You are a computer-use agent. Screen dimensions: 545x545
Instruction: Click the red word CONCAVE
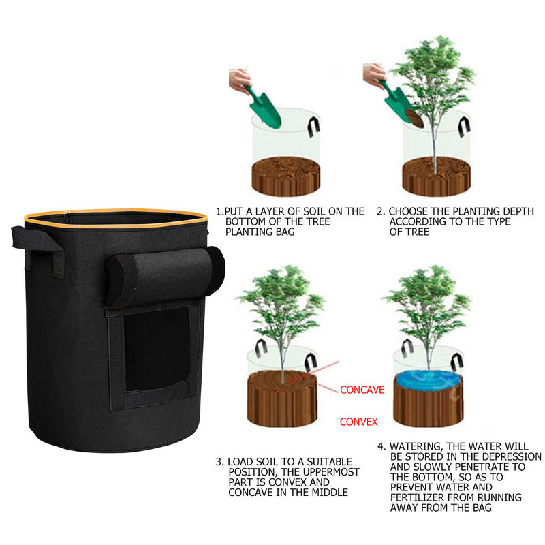362,390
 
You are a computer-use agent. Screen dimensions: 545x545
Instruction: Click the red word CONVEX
359,422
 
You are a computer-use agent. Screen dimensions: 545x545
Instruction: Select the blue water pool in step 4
429,379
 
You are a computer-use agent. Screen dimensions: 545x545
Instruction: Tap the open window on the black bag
157,349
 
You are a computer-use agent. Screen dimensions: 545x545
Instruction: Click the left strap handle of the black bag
38,249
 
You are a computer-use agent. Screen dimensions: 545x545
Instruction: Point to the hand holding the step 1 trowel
239,80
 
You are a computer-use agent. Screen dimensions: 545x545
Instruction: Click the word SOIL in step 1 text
315,211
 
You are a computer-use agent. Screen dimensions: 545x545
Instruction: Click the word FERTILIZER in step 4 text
418,497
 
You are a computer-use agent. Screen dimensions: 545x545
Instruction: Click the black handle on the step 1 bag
313,127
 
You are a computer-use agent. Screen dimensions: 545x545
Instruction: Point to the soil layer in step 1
285,176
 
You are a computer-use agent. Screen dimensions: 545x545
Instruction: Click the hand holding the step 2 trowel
374,75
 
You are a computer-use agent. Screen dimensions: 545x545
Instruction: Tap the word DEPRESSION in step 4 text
512,456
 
